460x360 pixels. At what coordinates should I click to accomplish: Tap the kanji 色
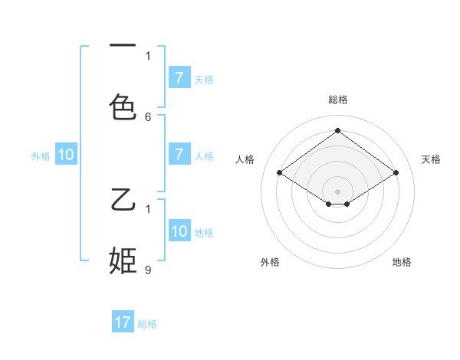(123, 106)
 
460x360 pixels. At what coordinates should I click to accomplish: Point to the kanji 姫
(123, 260)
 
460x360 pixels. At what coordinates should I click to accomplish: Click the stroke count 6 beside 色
(148, 116)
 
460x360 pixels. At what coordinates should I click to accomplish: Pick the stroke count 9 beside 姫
(148, 270)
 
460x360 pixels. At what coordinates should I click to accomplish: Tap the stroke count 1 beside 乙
(148, 208)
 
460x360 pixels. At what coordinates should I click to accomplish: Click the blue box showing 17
(123, 322)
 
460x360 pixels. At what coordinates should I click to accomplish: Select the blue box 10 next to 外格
(66, 155)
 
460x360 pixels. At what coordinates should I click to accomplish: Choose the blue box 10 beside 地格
(179, 231)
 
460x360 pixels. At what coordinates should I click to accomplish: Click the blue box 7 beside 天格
(179, 78)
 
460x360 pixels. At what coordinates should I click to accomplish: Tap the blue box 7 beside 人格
(179, 155)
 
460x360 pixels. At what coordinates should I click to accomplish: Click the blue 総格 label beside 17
(147, 324)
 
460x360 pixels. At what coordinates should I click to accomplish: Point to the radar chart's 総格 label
(337, 100)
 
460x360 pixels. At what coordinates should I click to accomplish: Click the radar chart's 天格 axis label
(431, 159)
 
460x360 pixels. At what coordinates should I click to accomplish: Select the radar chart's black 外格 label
(270, 262)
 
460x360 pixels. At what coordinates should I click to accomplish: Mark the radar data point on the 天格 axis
(396, 173)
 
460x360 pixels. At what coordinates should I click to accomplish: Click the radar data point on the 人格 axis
(280, 173)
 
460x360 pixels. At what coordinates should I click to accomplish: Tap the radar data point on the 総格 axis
(337, 131)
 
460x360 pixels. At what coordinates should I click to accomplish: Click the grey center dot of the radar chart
(337, 191)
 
